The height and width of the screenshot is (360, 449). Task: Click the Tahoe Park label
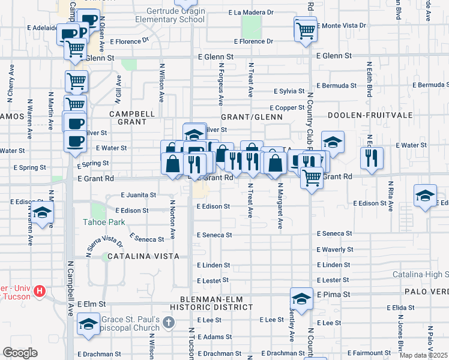[104, 222]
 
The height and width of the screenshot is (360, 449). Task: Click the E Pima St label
[337, 295]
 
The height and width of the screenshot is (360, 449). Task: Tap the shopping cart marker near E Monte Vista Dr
[306, 29]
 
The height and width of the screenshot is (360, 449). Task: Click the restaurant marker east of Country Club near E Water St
[372, 157]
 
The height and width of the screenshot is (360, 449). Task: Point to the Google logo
[20, 353]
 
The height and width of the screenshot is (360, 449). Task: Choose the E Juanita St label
[138, 195]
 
